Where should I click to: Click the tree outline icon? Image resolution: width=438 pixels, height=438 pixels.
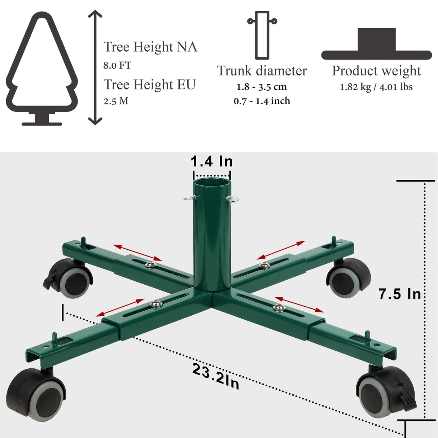(x=42, y=69)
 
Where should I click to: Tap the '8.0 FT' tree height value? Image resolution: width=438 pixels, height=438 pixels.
(x=117, y=66)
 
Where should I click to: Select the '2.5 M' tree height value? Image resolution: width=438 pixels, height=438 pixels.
(x=116, y=101)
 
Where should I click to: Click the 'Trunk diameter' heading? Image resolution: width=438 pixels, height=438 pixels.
(x=262, y=71)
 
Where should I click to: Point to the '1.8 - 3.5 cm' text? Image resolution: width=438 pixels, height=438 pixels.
(x=262, y=87)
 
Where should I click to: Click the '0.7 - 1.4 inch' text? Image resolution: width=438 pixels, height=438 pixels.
(x=262, y=101)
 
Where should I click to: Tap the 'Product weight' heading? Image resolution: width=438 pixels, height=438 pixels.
(x=376, y=71)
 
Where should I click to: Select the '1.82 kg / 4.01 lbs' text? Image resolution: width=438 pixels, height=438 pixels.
(x=376, y=87)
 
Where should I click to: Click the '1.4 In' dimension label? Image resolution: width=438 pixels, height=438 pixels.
(x=212, y=161)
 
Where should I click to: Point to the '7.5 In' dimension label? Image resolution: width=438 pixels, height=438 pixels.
(x=400, y=294)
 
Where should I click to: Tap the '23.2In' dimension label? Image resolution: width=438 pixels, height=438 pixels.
(x=216, y=376)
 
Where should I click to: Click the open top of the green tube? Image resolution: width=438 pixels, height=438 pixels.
(x=212, y=183)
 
